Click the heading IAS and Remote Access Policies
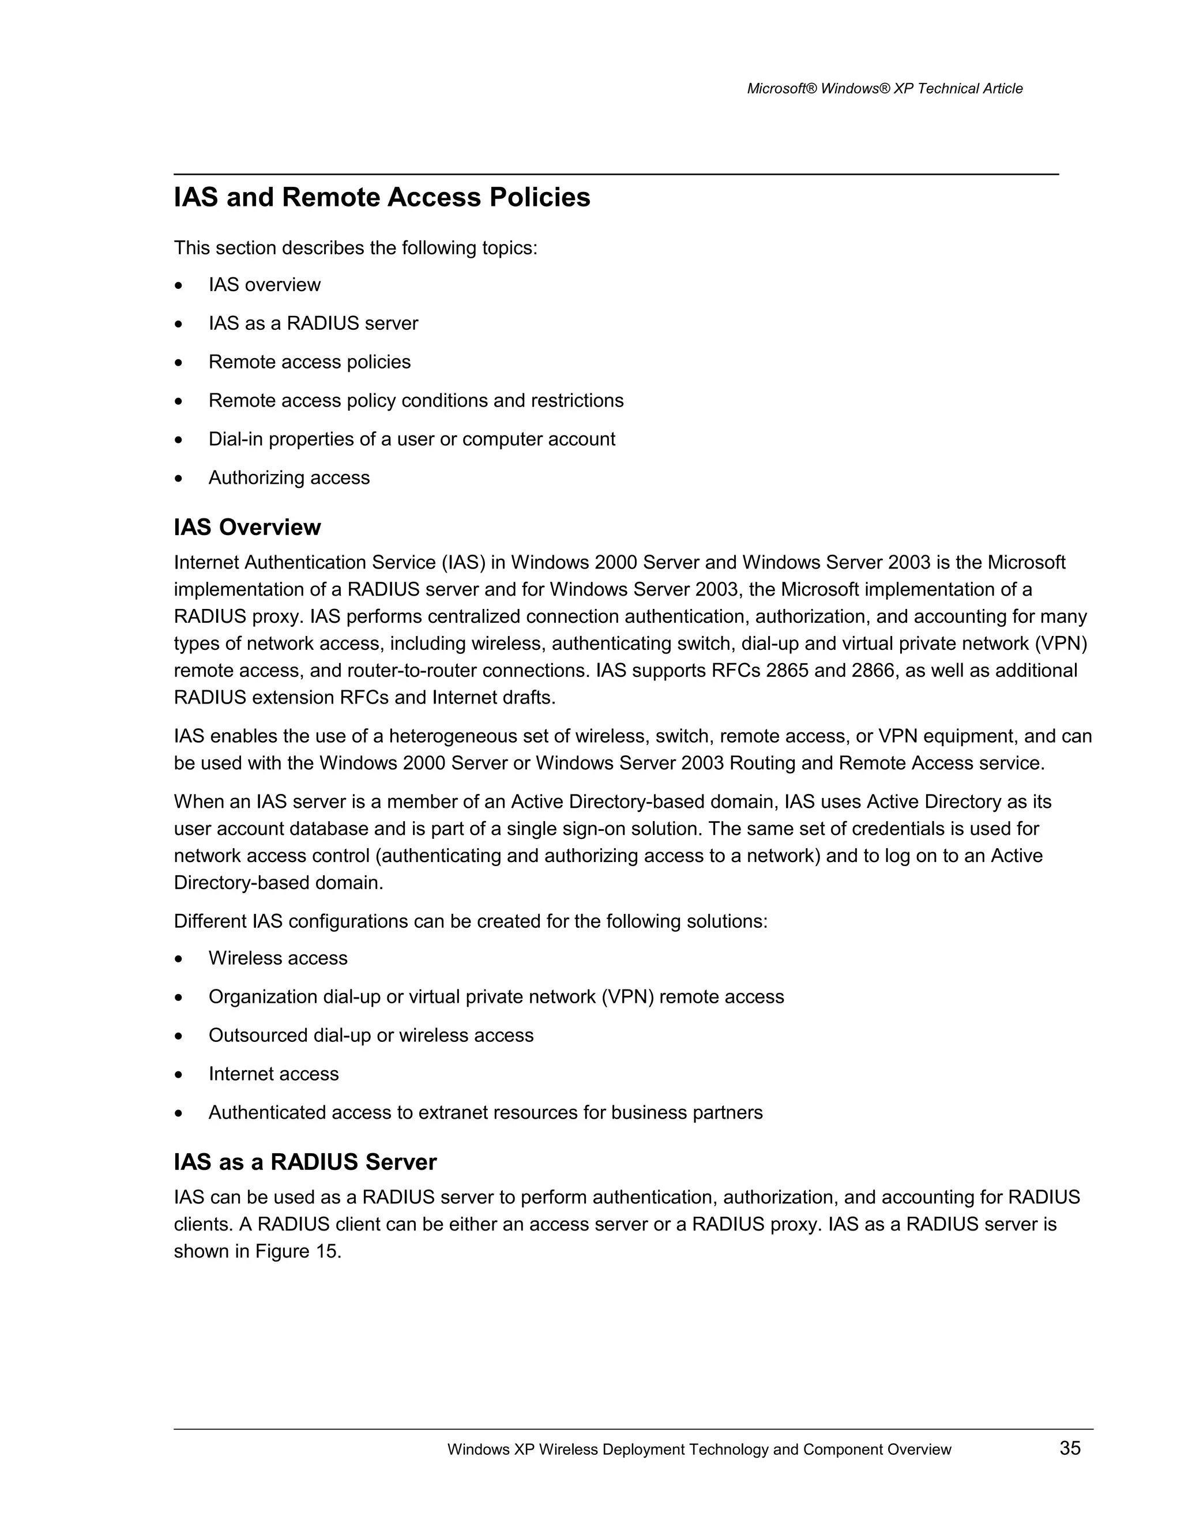click(382, 197)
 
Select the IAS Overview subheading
click(247, 527)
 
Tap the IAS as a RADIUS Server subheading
click(305, 1161)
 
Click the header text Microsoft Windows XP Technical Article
click(885, 89)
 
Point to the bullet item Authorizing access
click(289, 478)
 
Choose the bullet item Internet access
click(273, 1074)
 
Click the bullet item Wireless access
click(278, 958)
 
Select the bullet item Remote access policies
click(309, 362)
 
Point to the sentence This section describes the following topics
click(355, 249)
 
